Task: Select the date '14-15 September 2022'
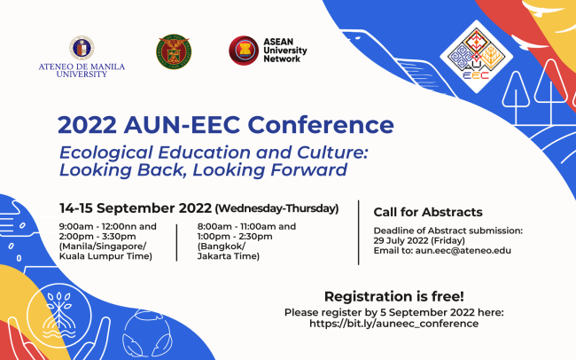pos(135,208)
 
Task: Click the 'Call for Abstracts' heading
pos(427,212)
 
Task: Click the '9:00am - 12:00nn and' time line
pos(107,226)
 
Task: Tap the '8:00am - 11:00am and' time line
pos(246,226)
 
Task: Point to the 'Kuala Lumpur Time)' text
pos(105,256)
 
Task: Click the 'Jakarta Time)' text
pos(229,256)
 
